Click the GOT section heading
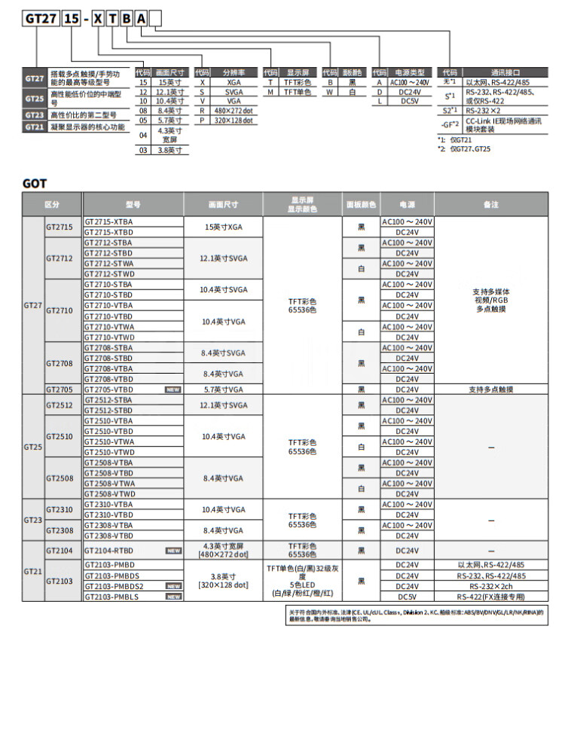pyautogui.click(x=35, y=183)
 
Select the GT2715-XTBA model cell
pyautogui.click(x=108, y=222)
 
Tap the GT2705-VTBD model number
pyautogui.click(x=108, y=389)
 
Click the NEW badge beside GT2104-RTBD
pyautogui.click(x=173, y=551)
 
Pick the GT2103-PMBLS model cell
pyautogui.click(x=111, y=596)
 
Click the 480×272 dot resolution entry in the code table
pyautogui.click(x=234, y=110)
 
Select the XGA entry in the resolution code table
pyautogui.click(x=234, y=82)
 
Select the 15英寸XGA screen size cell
pyautogui.click(x=223, y=227)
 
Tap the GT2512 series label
pyautogui.click(x=59, y=405)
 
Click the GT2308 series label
pyautogui.click(x=59, y=530)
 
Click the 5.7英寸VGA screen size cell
pyautogui.click(x=223, y=389)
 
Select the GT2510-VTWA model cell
pyautogui.click(x=109, y=441)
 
